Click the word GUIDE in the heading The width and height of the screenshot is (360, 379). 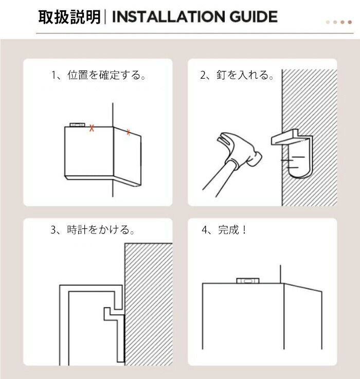(253, 16)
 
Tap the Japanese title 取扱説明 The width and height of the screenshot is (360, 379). (69, 17)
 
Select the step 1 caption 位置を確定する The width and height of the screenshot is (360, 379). (106, 75)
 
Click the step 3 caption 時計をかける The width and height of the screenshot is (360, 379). (101, 229)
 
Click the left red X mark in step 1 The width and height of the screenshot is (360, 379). (92, 128)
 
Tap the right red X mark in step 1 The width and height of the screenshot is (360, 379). (128, 132)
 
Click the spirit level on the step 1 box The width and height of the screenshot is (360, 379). (77, 125)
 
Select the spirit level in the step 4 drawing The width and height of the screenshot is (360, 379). (248, 281)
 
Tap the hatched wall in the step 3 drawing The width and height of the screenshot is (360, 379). (149, 304)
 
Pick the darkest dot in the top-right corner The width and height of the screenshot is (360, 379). (350, 22)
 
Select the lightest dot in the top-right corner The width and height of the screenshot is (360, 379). (328, 22)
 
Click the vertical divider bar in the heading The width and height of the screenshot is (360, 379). (105, 16)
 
